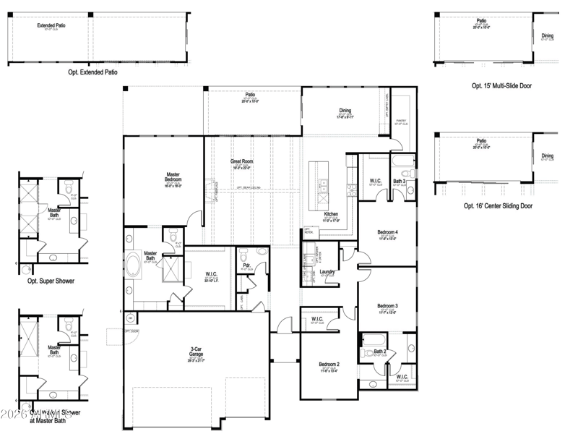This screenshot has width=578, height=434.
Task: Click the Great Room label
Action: click(241, 161)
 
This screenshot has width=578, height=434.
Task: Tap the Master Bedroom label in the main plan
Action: click(173, 176)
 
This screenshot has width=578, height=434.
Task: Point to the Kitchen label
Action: click(331, 215)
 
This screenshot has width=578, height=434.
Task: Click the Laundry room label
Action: click(327, 272)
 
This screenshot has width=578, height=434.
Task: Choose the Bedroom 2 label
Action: click(329, 364)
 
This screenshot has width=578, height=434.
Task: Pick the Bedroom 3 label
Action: click(387, 306)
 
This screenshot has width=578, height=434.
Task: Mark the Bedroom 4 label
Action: click(387, 232)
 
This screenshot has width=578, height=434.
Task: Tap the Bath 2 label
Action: click(380, 352)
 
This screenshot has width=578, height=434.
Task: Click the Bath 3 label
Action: click(399, 181)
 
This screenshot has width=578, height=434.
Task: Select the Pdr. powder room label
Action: click(246, 265)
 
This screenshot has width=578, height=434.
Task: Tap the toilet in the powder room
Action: click(243, 254)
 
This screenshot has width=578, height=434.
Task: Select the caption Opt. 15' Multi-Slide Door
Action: click(501, 85)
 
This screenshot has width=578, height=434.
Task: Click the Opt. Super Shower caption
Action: click(51, 281)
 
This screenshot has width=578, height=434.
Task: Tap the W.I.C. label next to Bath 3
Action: click(375, 181)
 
